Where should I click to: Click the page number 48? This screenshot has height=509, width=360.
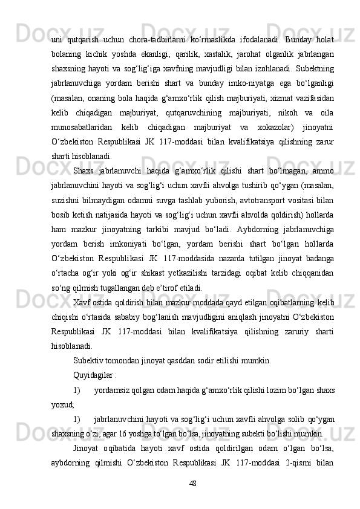(193, 483)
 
